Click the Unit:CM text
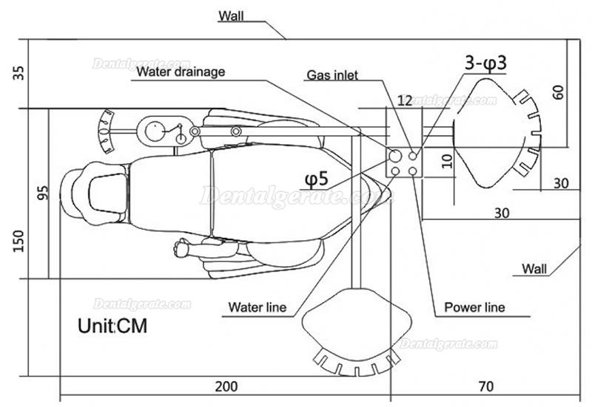click(x=112, y=326)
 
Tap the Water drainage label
click(x=181, y=72)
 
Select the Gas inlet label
click(x=332, y=75)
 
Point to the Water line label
click(x=257, y=307)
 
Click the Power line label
click(x=474, y=307)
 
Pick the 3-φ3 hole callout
click(x=485, y=63)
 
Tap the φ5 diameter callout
click(x=317, y=179)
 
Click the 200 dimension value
click(x=226, y=386)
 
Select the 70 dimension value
click(x=486, y=386)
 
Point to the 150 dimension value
click(x=18, y=242)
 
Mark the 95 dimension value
click(x=44, y=193)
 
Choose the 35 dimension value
click(x=18, y=73)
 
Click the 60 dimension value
click(x=558, y=92)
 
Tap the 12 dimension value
click(x=405, y=100)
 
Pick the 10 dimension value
click(x=447, y=161)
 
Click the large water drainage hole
click(x=395, y=155)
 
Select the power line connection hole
click(x=413, y=171)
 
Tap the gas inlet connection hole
click(x=413, y=156)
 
